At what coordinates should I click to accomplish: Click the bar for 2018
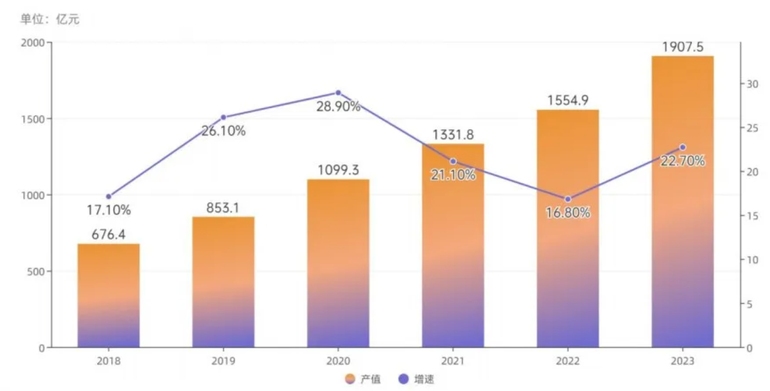[x=108, y=295]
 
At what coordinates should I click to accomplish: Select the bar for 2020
[x=338, y=263]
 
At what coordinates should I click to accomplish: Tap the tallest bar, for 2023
[x=682, y=202]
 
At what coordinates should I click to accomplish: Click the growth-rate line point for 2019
[x=224, y=117]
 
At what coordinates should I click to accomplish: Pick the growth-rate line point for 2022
[x=568, y=199]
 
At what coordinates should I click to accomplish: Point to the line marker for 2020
[x=338, y=92]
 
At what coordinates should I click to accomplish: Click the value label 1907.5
[x=682, y=47]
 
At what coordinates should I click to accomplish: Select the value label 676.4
[x=108, y=234]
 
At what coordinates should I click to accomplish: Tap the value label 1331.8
[x=452, y=134]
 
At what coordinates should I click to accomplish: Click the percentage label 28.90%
[x=338, y=106]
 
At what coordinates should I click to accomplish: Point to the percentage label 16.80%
[x=568, y=213]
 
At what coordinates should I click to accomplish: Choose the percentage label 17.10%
[x=108, y=210]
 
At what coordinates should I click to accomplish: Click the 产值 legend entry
[x=363, y=379]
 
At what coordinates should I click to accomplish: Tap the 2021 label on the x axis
[x=452, y=361]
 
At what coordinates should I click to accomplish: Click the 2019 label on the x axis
[x=224, y=361]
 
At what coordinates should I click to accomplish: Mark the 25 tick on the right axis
[x=750, y=127]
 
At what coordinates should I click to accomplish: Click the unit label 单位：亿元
[x=50, y=20]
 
